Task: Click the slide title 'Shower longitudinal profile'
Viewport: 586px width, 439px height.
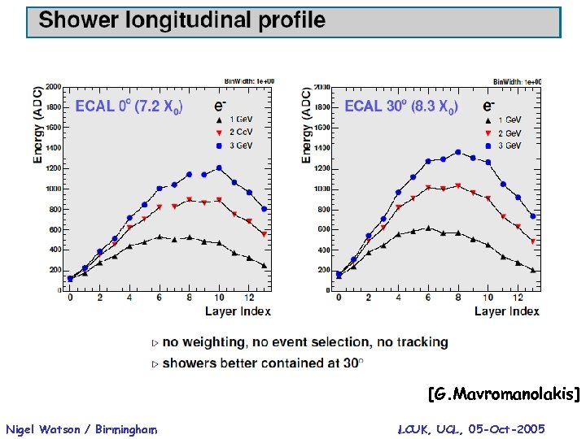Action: pos(182,21)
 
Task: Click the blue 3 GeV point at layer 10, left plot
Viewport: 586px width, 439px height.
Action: pos(219,168)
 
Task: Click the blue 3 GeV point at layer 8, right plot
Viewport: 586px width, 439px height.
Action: pos(458,152)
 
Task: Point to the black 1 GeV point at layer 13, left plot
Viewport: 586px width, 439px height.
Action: pos(264,265)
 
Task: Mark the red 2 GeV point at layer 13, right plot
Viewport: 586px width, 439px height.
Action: pos(533,241)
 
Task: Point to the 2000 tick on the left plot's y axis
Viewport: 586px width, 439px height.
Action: pos(53,87)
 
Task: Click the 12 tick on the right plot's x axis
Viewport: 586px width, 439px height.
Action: pos(518,298)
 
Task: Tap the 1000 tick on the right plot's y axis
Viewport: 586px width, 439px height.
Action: pos(321,189)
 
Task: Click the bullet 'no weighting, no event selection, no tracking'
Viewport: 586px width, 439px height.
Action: pos(305,342)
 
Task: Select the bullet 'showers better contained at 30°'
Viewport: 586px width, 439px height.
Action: pos(261,363)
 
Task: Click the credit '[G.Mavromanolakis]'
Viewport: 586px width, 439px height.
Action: pos(503,395)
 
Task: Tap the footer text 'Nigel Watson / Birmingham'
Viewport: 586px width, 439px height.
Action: pos(81,429)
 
